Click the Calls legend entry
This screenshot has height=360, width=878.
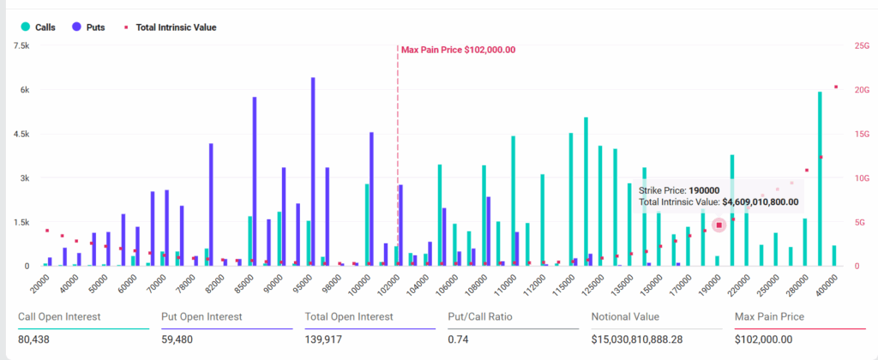tap(39, 27)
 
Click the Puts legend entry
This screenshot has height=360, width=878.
tap(89, 27)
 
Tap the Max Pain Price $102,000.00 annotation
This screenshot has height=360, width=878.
tap(458, 50)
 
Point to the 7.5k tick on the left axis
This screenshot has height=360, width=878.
tap(22, 46)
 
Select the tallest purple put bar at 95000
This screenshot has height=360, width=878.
tap(313, 171)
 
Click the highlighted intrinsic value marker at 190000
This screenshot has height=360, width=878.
tap(719, 225)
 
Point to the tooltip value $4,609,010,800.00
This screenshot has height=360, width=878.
tap(761, 202)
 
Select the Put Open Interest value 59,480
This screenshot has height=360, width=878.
tap(178, 339)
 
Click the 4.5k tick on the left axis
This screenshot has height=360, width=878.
tap(22, 135)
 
